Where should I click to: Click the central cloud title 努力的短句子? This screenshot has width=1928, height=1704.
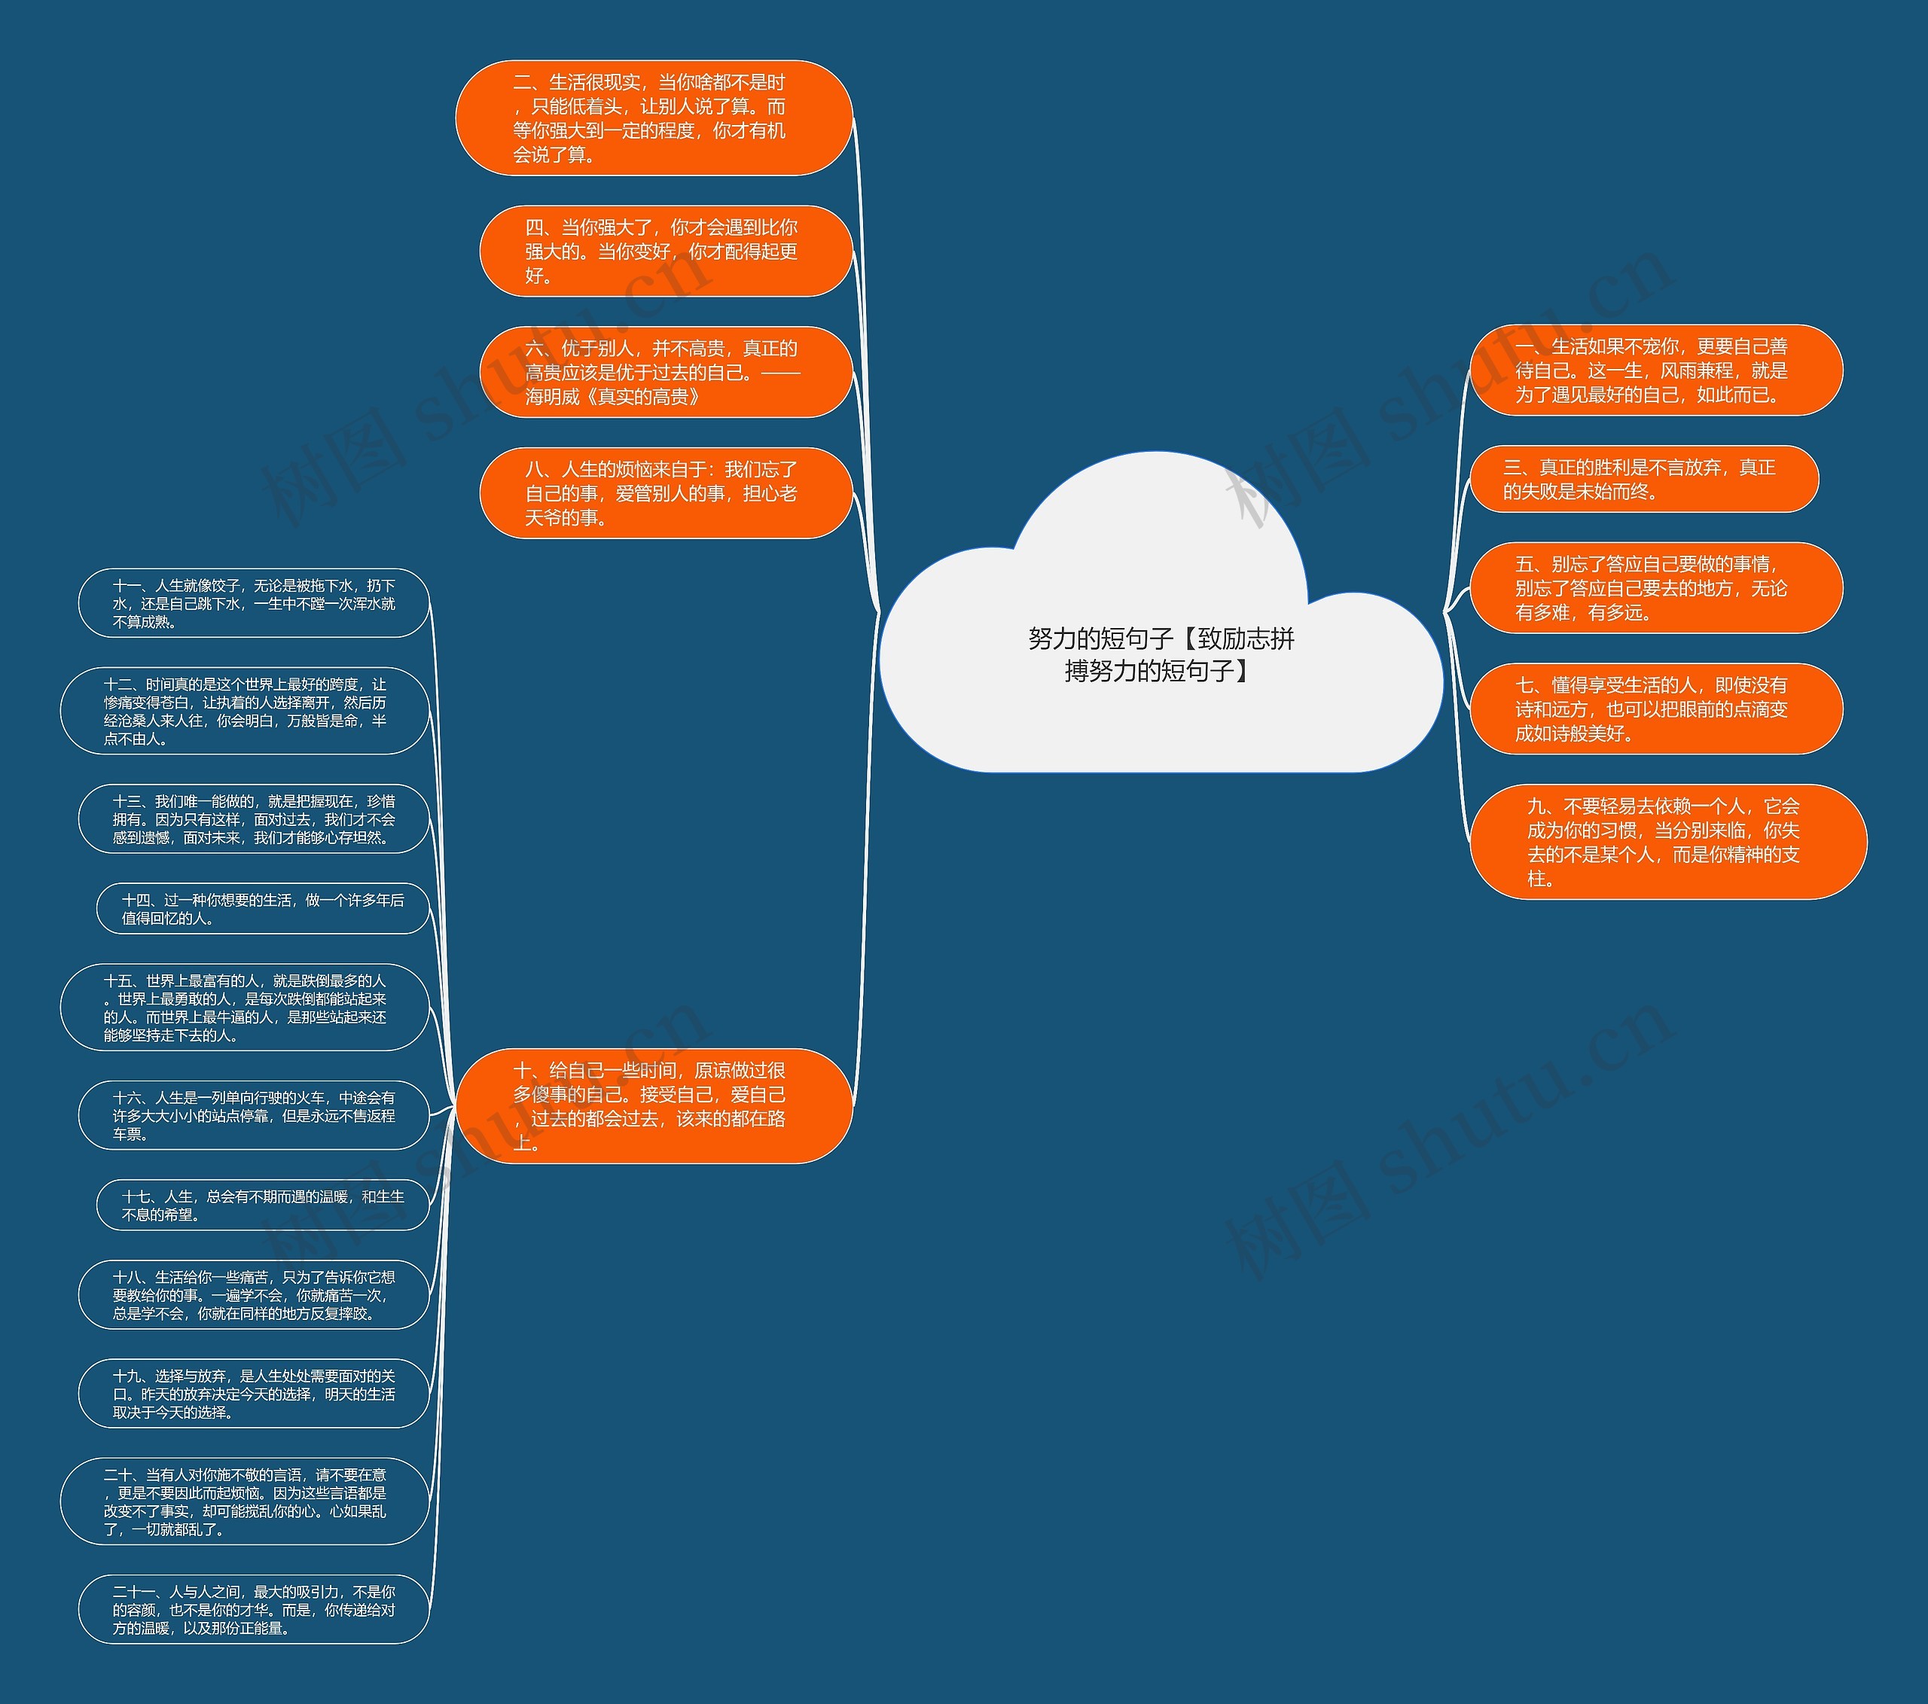[1161, 654]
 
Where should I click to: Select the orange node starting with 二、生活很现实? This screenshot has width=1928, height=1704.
[654, 118]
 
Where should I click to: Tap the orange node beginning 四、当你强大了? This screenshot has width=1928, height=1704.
[666, 251]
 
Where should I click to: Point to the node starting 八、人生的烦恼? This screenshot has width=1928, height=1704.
[666, 492]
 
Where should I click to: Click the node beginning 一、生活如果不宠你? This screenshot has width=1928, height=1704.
[1656, 370]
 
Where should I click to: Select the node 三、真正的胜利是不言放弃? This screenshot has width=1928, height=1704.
[1644, 479]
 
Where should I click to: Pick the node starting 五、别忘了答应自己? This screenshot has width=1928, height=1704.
[1656, 587]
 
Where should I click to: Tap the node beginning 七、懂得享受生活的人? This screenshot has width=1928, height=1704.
[1656, 709]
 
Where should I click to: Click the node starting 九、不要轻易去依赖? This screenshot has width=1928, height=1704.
[1669, 841]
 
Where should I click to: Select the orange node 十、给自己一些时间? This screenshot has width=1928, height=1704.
[654, 1105]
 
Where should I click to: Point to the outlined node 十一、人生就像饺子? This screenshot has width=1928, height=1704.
[254, 604]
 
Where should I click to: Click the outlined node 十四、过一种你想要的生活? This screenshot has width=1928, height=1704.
[263, 909]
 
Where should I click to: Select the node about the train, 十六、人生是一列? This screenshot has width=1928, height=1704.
[254, 1116]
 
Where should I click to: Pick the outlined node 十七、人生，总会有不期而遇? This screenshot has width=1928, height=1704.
[263, 1206]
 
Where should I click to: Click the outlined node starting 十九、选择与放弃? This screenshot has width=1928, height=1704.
[254, 1394]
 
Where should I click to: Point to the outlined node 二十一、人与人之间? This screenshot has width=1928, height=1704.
[254, 1609]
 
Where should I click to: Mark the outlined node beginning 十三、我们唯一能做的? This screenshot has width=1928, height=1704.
[254, 818]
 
